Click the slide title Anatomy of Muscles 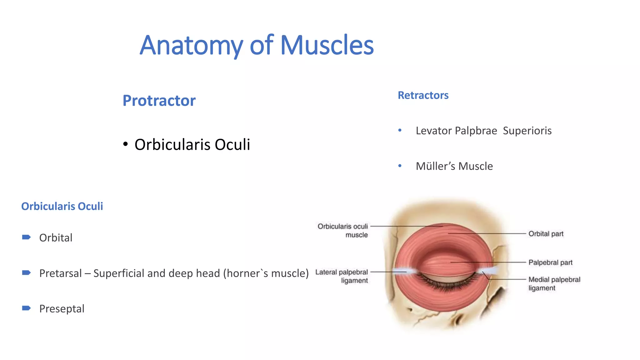[257, 45]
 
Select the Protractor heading [159, 101]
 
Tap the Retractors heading [423, 95]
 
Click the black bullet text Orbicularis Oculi [192, 144]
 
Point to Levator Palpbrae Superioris [483, 131]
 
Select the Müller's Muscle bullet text [454, 166]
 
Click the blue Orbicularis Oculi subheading [62, 206]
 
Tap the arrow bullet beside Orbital [27, 237]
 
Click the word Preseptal [62, 309]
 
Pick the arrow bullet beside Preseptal [27, 308]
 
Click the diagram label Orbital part [546, 234]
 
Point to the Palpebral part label [550, 262]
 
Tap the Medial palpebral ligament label [554, 284]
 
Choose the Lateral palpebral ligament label [342, 276]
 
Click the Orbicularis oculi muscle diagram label [343, 230]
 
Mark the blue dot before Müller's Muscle [400, 166]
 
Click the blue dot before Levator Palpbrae [400, 130]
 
